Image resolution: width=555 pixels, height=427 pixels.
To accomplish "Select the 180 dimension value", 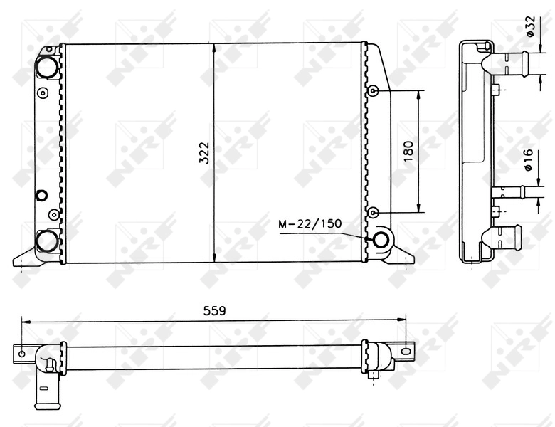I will tap(408, 151).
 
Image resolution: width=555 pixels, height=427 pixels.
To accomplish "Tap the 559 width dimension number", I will tap(214, 310).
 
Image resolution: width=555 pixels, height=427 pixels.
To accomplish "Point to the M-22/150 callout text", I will tap(310, 224).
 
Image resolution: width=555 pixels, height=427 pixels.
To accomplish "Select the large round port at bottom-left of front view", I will tap(47, 241).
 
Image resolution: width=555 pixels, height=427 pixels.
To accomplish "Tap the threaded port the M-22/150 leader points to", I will tap(380, 240).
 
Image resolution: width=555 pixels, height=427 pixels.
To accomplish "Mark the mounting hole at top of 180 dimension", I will tap(374, 91).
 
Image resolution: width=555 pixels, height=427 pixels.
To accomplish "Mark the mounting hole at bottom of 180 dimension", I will tap(374, 211).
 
